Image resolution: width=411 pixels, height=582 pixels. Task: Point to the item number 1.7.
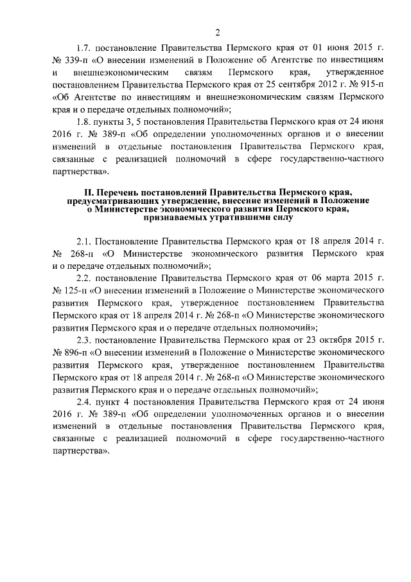coord(83,48)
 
